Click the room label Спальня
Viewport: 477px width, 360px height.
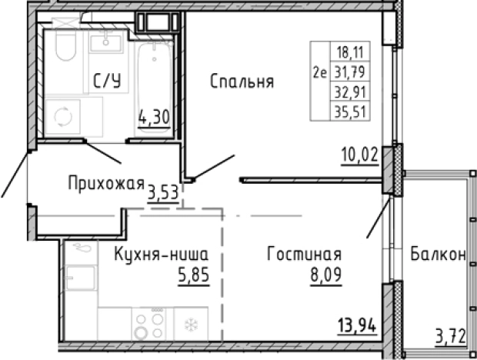tap(242, 82)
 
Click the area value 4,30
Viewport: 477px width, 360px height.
tap(152, 118)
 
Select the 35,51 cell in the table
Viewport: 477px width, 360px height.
tap(347, 109)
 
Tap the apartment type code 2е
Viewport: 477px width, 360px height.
tap(320, 74)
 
